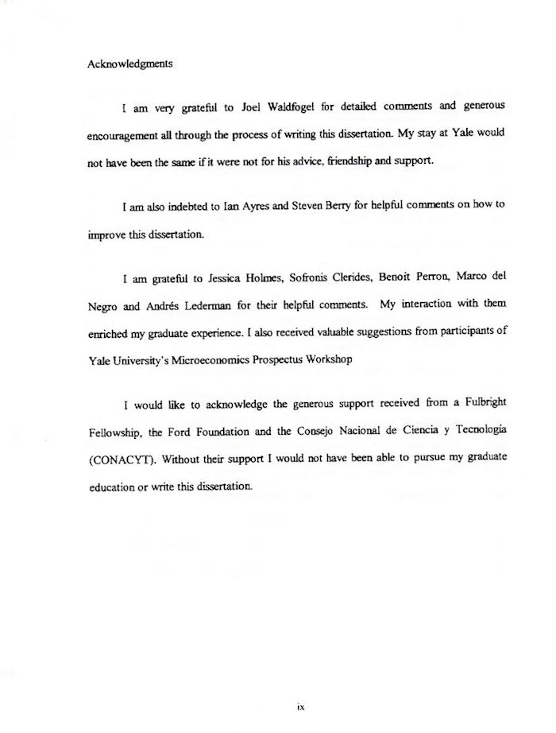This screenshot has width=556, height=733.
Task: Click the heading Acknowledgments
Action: pos(129,65)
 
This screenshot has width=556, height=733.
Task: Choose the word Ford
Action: pos(184,429)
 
